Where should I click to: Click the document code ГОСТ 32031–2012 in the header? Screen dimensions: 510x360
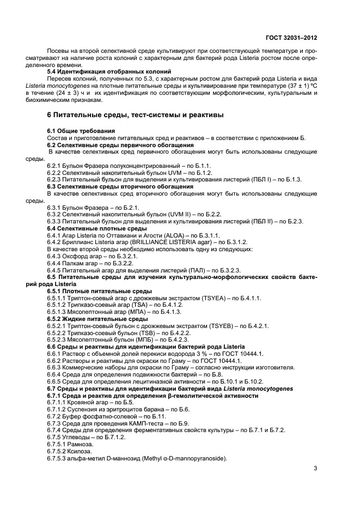291,39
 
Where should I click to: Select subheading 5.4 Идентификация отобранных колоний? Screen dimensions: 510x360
109,72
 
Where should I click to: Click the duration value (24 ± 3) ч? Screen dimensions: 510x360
72,93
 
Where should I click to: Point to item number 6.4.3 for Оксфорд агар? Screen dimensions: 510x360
56,256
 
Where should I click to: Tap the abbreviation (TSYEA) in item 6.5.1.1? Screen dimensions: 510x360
205,298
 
